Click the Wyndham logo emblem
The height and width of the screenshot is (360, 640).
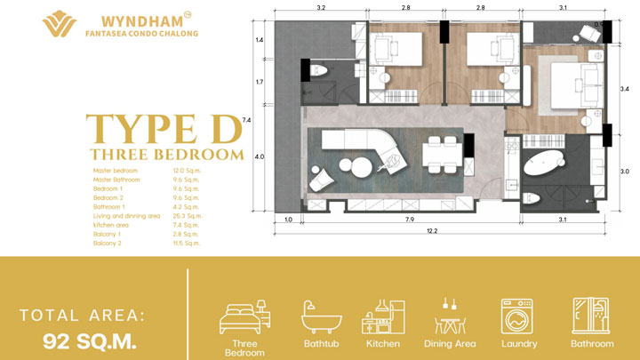pos(60,25)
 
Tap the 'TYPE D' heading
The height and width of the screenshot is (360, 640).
pos(164,131)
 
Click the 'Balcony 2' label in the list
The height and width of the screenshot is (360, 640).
pos(108,243)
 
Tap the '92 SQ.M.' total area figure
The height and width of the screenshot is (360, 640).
pos(90,340)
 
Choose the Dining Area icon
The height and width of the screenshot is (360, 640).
pos(448,315)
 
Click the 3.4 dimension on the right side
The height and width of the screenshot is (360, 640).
pos(624,89)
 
